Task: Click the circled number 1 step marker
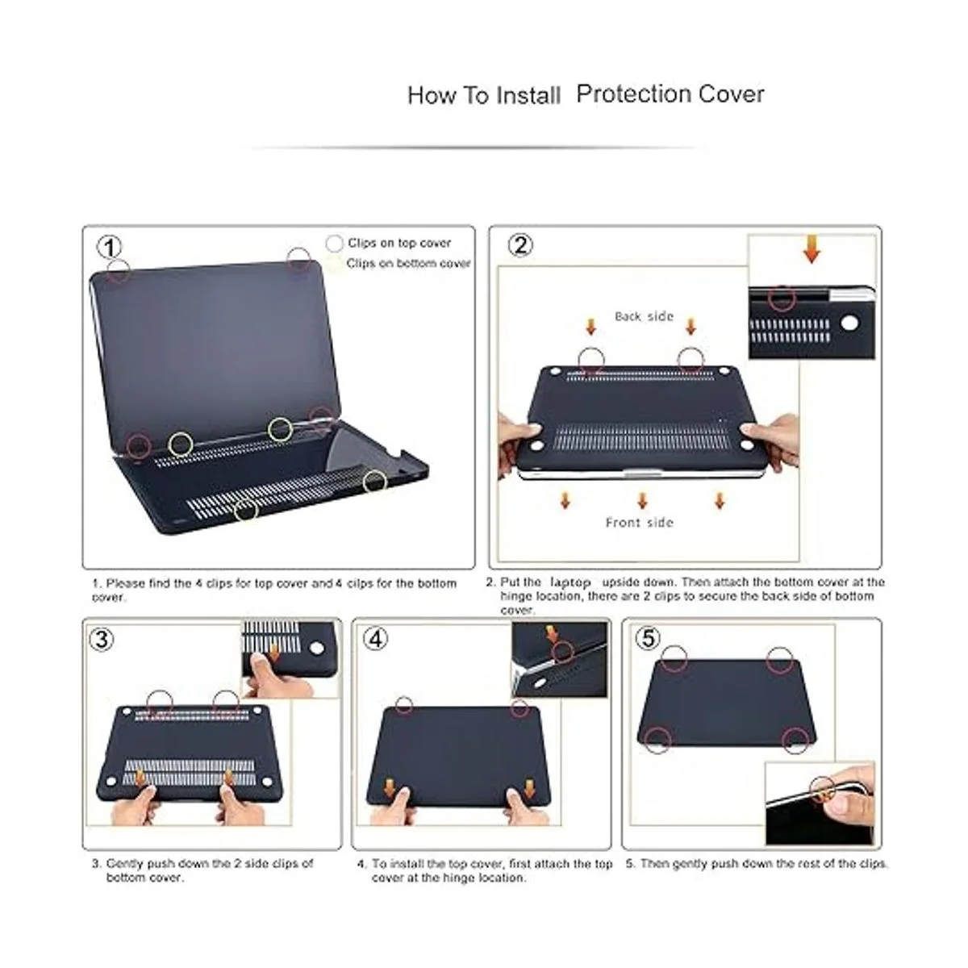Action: (x=109, y=247)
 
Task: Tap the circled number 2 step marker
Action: (x=520, y=245)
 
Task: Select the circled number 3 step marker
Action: (x=102, y=640)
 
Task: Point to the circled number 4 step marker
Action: (x=376, y=640)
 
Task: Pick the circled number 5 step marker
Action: (x=648, y=638)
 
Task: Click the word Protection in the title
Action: (x=633, y=94)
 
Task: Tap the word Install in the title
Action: (x=528, y=95)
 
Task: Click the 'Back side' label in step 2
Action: (x=644, y=316)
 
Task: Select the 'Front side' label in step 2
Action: (x=639, y=523)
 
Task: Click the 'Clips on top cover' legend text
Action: (x=399, y=243)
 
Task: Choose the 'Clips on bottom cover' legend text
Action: (x=408, y=263)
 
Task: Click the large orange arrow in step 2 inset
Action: (x=812, y=249)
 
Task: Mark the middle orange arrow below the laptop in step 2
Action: (x=642, y=501)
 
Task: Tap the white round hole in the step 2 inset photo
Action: (x=849, y=323)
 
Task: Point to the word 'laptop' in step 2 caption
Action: (x=570, y=582)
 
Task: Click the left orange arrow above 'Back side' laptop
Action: (x=590, y=327)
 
